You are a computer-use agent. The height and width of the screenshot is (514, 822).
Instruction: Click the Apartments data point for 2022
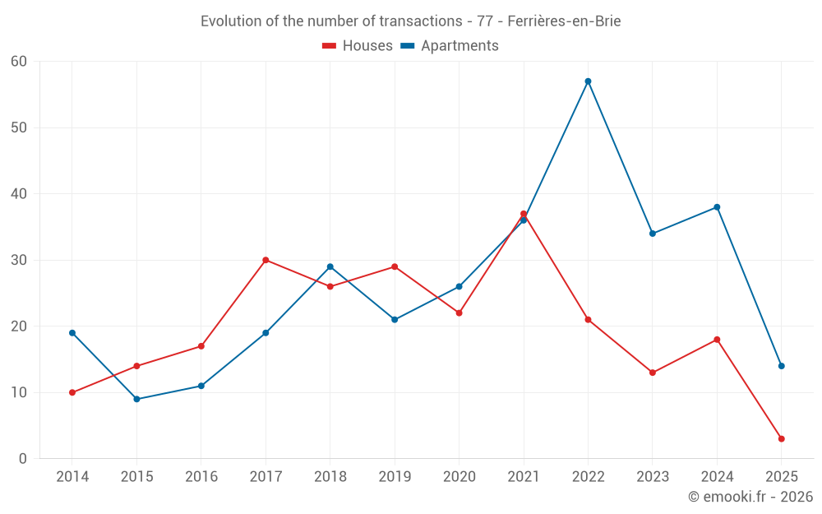[588, 81]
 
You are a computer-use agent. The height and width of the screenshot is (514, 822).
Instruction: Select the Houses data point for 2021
[524, 214]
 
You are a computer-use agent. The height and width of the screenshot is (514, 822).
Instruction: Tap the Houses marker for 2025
[781, 439]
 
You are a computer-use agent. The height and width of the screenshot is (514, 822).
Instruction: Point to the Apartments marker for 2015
[136, 400]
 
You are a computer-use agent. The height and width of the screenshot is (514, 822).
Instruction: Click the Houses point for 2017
[266, 260]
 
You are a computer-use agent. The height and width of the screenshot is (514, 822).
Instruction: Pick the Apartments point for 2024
[717, 207]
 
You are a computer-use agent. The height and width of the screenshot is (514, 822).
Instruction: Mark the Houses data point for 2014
[72, 393]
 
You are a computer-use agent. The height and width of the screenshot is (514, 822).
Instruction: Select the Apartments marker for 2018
[330, 266]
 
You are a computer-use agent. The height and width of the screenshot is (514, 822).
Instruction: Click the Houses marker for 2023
[653, 373]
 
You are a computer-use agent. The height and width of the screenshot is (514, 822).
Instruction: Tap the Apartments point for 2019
[395, 320]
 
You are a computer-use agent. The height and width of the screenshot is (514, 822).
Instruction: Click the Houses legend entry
[358, 46]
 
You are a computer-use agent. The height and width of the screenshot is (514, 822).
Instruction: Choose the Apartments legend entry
[450, 46]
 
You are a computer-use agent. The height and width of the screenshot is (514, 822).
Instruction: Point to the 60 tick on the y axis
[19, 62]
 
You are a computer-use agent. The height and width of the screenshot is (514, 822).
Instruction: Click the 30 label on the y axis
[19, 260]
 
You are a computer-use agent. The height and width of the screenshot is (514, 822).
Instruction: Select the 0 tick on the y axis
[23, 459]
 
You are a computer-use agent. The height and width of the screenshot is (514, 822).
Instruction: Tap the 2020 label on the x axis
[459, 477]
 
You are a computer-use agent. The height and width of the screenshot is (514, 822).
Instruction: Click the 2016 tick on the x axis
[201, 477]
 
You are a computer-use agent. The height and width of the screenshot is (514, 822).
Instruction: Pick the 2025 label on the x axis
[781, 477]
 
